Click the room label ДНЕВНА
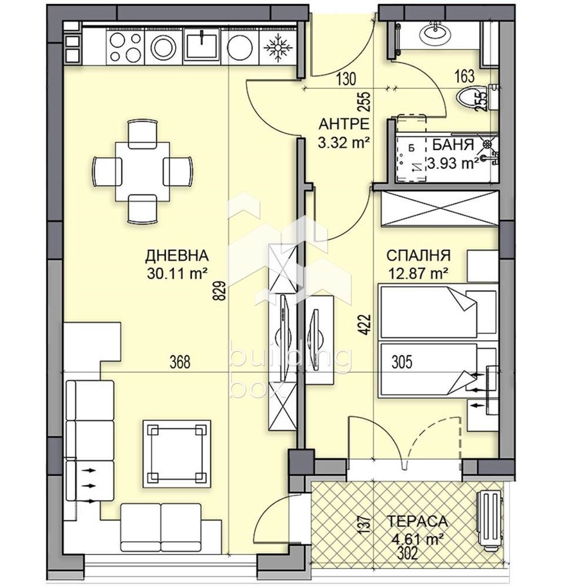(176, 256)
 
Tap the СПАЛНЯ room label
(418, 256)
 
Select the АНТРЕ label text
(344, 123)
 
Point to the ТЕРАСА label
(417, 521)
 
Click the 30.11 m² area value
(178, 274)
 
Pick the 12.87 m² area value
(418, 274)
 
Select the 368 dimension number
(180, 362)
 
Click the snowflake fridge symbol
(278, 48)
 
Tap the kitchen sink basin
(202, 45)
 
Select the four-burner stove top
(125, 47)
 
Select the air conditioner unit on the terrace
(489, 520)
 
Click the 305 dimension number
(402, 362)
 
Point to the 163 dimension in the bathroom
(464, 76)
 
